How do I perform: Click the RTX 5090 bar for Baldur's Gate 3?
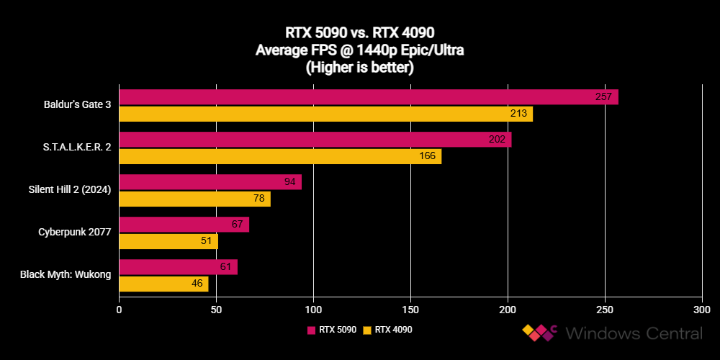pyautogui.click(x=368, y=96)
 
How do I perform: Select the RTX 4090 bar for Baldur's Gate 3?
pyautogui.click(x=325, y=114)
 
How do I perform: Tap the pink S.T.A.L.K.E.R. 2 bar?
pyautogui.click(x=315, y=139)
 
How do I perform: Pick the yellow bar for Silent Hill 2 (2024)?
pyautogui.click(x=194, y=199)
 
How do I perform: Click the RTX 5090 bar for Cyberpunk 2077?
pyautogui.click(x=184, y=224)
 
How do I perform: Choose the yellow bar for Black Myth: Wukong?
pyautogui.click(x=163, y=284)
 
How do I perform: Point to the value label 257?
pyautogui.click(x=603, y=96)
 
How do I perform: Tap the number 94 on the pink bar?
pyautogui.click(x=290, y=181)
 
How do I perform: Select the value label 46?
pyautogui.click(x=197, y=284)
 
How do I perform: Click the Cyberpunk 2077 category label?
pyautogui.click(x=75, y=232)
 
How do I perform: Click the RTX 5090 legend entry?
pyautogui.click(x=332, y=330)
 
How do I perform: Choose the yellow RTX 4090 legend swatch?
pyautogui.click(x=366, y=330)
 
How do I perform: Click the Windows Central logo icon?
pyautogui.click(x=540, y=333)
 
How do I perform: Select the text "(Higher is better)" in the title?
pyautogui.click(x=359, y=68)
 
